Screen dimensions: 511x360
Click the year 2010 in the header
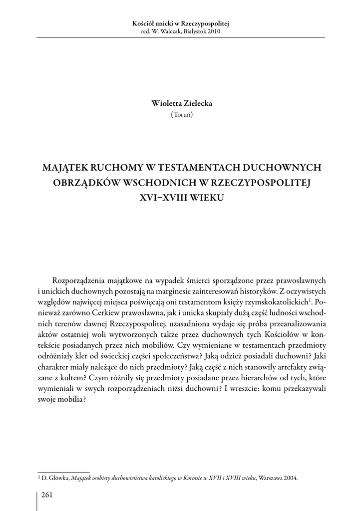[211, 31]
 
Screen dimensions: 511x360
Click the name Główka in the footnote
[57, 478]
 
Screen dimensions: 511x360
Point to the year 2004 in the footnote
[290, 478]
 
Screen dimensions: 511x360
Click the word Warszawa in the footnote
[270, 478]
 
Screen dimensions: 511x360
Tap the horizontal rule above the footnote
[63, 471]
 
